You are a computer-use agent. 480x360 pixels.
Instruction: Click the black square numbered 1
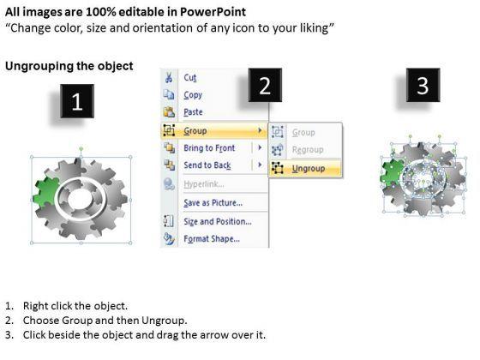[77, 104]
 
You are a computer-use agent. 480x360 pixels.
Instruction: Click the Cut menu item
[190, 77]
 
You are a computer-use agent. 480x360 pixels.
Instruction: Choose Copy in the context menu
[193, 95]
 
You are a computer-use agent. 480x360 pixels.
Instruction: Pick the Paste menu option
[194, 112]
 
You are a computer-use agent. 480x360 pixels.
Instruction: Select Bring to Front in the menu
[210, 148]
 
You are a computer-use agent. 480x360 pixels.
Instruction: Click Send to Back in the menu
[207, 165]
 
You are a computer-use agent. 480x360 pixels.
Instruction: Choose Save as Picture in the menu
[213, 203]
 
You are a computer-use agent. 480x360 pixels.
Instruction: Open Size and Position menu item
[217, 222]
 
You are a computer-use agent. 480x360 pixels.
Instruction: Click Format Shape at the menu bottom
[211, 239]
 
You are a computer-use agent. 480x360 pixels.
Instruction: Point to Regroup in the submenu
[306, 150]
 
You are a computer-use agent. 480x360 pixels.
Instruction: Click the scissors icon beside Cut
[169, 77]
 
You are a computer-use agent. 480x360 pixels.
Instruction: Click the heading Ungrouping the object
[69, 66]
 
